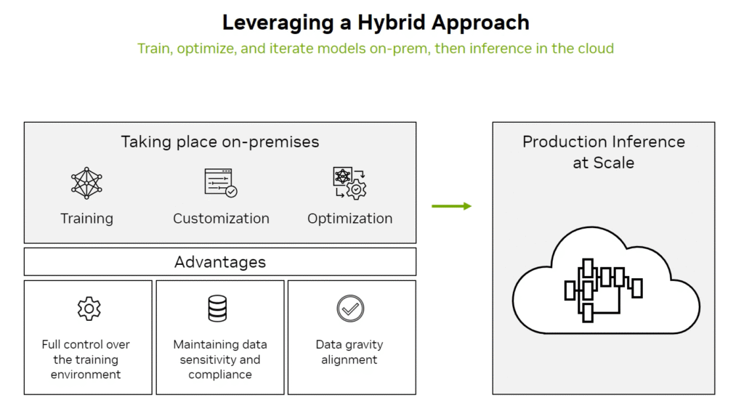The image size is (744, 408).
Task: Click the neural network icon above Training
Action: tap(86, 183)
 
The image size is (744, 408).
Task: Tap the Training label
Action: tap(87, 219)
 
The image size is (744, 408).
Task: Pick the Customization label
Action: tap(221, 219)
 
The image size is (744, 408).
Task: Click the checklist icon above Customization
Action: tap(221, 183)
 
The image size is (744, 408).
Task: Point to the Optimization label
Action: tap(349, 219)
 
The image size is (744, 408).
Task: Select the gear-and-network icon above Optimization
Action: tap(349, 183)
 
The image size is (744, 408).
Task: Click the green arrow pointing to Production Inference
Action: tap(451, 206)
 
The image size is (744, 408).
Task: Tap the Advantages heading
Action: tap(220, 262)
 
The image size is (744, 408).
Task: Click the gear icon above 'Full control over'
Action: tap(89, 309)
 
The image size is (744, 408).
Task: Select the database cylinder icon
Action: tap(217, 309)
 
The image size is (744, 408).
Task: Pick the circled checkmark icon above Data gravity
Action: tap(350, 309)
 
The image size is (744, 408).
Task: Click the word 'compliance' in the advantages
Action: tap(220, 375)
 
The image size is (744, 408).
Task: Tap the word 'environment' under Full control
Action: tap(86, 375)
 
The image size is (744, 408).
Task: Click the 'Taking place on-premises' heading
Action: tap(220, 142)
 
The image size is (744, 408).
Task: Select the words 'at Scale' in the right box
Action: tap(604, 163)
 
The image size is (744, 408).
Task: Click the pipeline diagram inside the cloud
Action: tap(603, 290)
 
